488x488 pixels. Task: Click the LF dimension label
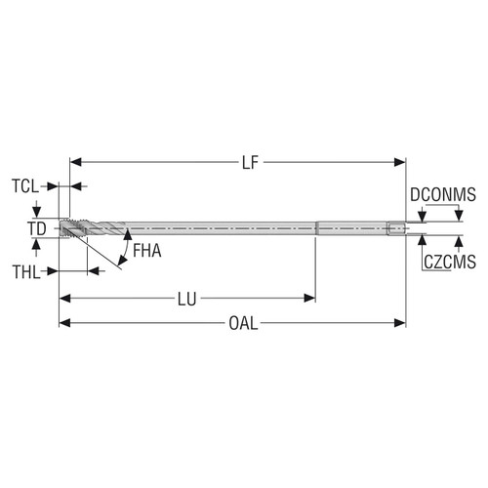pos(249,163)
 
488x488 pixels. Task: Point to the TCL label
pos(26,185)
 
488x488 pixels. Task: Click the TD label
pos(36,228)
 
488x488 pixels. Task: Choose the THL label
pos(26,271)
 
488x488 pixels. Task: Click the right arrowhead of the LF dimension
pos(400,163)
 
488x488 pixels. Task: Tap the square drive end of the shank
pos(395,229)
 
